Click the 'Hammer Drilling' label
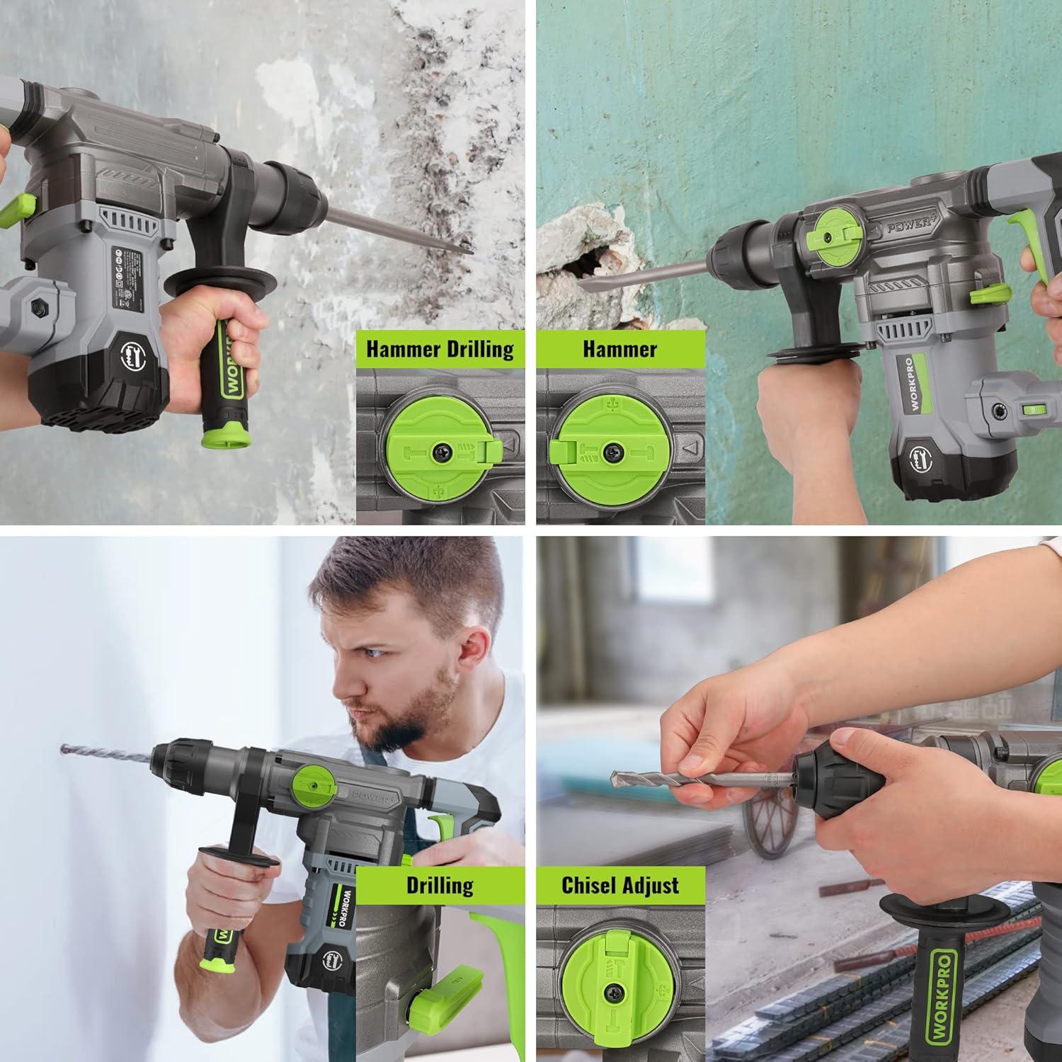click(440, 349)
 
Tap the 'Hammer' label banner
click(620, 349)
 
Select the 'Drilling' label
click(440, 885)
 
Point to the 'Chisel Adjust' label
click(620, 885)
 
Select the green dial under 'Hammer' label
click(610, 449)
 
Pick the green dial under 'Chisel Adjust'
click(610, 984)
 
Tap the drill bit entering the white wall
click(106, 753)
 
